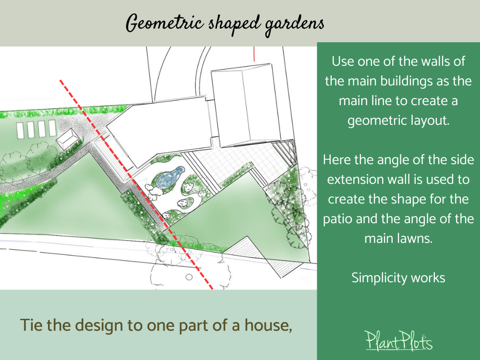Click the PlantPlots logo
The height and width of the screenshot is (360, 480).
(x=398, y=341)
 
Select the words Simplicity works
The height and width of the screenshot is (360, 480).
(x=398, y=277)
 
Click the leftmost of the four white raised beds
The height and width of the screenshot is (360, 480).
(x=20, y=129)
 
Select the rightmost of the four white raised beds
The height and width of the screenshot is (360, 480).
(x=51, y=128)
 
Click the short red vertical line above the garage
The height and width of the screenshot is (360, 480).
(x=254, y=53)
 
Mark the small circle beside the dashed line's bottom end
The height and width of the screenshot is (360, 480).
(x=189, y=277)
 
